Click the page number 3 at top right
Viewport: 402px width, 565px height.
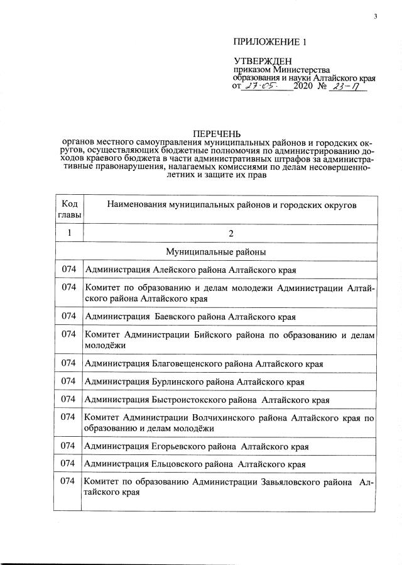pos(375,17)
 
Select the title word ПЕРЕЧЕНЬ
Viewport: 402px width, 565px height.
pos(217,134)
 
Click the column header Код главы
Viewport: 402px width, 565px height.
pos(68,211)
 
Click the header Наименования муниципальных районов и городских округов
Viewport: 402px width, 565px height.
pos(232,206)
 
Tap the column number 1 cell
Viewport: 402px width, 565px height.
pos(68,233)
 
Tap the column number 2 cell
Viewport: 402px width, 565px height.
pos(231,234)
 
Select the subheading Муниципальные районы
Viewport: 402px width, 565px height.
pos(216,251)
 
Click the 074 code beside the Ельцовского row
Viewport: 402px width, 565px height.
pos(68,464)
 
